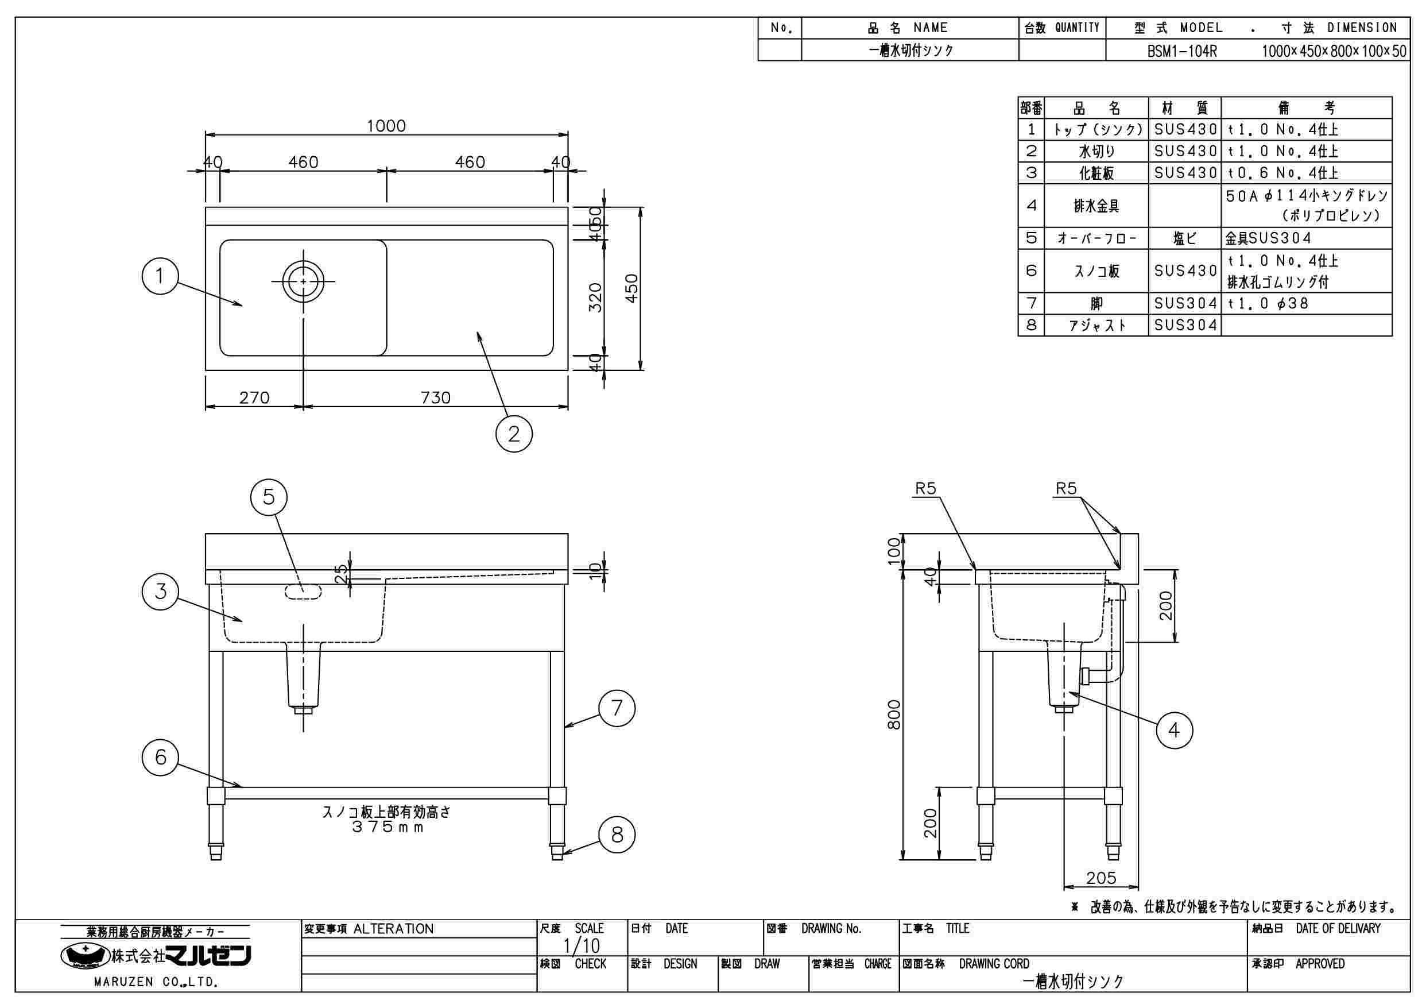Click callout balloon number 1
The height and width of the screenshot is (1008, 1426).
pyautogui.click(x=160, y=276)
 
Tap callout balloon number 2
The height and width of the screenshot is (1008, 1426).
pyautogui.click(x=514, y=433)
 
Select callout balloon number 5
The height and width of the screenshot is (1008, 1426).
pyautogui.click(x=268, y=497)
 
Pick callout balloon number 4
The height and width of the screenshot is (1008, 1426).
pyautogui.click(x=1174, y=729)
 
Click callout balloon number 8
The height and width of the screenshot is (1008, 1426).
pyautogui.click(x=617, y=834)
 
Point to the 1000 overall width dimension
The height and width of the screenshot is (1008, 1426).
pyautogui.click(x=386, y=126)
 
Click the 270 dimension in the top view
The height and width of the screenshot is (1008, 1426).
pyautogui.click(x=254, y=397)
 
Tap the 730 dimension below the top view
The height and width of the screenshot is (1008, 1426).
pyautogui.click(x=435, y=397)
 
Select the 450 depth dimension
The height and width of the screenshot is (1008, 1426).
pyautogui.click(x=631, y=288)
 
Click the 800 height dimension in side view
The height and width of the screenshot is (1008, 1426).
pyautogui.click(x=894, y=715)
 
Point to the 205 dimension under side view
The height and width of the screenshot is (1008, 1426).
pyautogui.click(x=1101, y=878)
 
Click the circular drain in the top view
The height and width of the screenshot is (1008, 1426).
pyautogui.click(x=303, y=281)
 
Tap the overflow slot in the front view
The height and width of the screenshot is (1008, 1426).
pyautogui.click(x=303, y=592)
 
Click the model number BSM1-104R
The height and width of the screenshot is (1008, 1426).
pyautogui.click(x=1182, y=51)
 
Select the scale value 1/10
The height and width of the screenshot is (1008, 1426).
pyautogui.click(x=582, y=946)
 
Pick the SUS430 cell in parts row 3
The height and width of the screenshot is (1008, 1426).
pyautogui.click(x=1185, y=173)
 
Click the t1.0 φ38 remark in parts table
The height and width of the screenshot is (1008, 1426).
pyautogui.click(x=1268, y=303)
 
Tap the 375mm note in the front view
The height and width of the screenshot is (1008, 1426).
pyautogui.click(x=387, y=827)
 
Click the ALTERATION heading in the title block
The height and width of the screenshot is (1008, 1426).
pyautogui.click(x=393, y=929)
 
